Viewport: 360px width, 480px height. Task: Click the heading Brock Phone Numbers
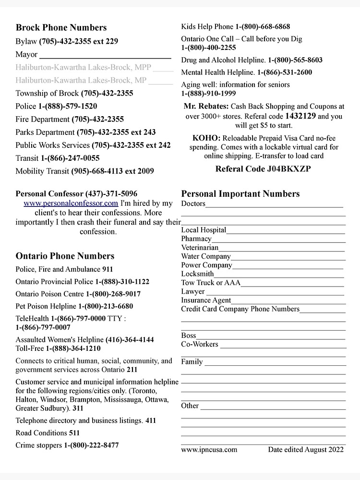[61, 27]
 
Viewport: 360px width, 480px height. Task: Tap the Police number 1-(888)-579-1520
[68, 106]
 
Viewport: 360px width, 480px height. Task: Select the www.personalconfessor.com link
[71, 204]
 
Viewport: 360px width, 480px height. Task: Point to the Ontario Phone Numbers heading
[65, 256]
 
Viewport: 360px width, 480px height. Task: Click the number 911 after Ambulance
[108, 270]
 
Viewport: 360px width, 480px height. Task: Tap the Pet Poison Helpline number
[106, 306]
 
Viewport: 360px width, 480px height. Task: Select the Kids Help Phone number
[263, 26]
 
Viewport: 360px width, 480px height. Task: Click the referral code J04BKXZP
[287, 168]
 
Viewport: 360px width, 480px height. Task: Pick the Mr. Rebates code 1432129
[300, 116]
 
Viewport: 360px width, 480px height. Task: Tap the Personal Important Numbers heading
[240, 194]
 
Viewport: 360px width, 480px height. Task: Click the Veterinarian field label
[200, 248]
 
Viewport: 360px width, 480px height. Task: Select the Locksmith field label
[197, 274]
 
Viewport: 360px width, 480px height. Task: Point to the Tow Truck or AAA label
[211, 283]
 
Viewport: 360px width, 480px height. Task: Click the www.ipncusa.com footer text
[209, 450]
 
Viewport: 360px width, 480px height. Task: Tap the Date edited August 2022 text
[306, 450]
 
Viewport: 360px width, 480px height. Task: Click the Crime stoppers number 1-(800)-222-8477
[91, 445]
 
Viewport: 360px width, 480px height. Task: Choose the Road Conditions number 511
[74, 433]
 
